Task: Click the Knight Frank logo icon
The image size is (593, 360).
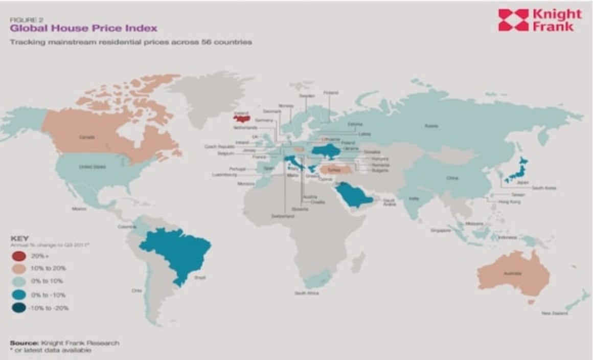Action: [x=513, y=20]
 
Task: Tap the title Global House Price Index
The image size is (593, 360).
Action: [x=83, y=28]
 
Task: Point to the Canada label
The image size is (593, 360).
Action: [x=86, y=137]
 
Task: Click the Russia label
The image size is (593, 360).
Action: [x=429, y=125]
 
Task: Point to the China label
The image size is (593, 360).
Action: [x=452, y=178]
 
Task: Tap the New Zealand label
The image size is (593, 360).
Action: [x=554, y=313]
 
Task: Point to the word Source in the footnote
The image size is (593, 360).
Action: [x=21, y=343]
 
